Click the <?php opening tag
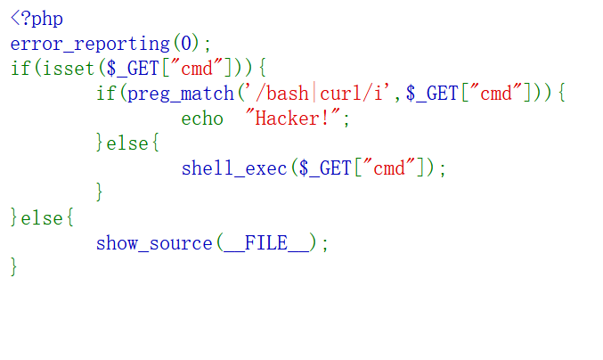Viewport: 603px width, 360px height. (37, 19)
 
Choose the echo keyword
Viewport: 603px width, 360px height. (202, 119)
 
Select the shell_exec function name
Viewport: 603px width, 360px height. (234, 168)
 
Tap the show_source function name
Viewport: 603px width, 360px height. (154, 243)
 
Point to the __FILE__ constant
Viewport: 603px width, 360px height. (266, 243)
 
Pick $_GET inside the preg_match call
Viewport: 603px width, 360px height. (432, 94)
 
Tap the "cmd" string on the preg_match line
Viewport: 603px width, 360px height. (497, 94)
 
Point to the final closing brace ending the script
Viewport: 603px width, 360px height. (14, 267)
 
